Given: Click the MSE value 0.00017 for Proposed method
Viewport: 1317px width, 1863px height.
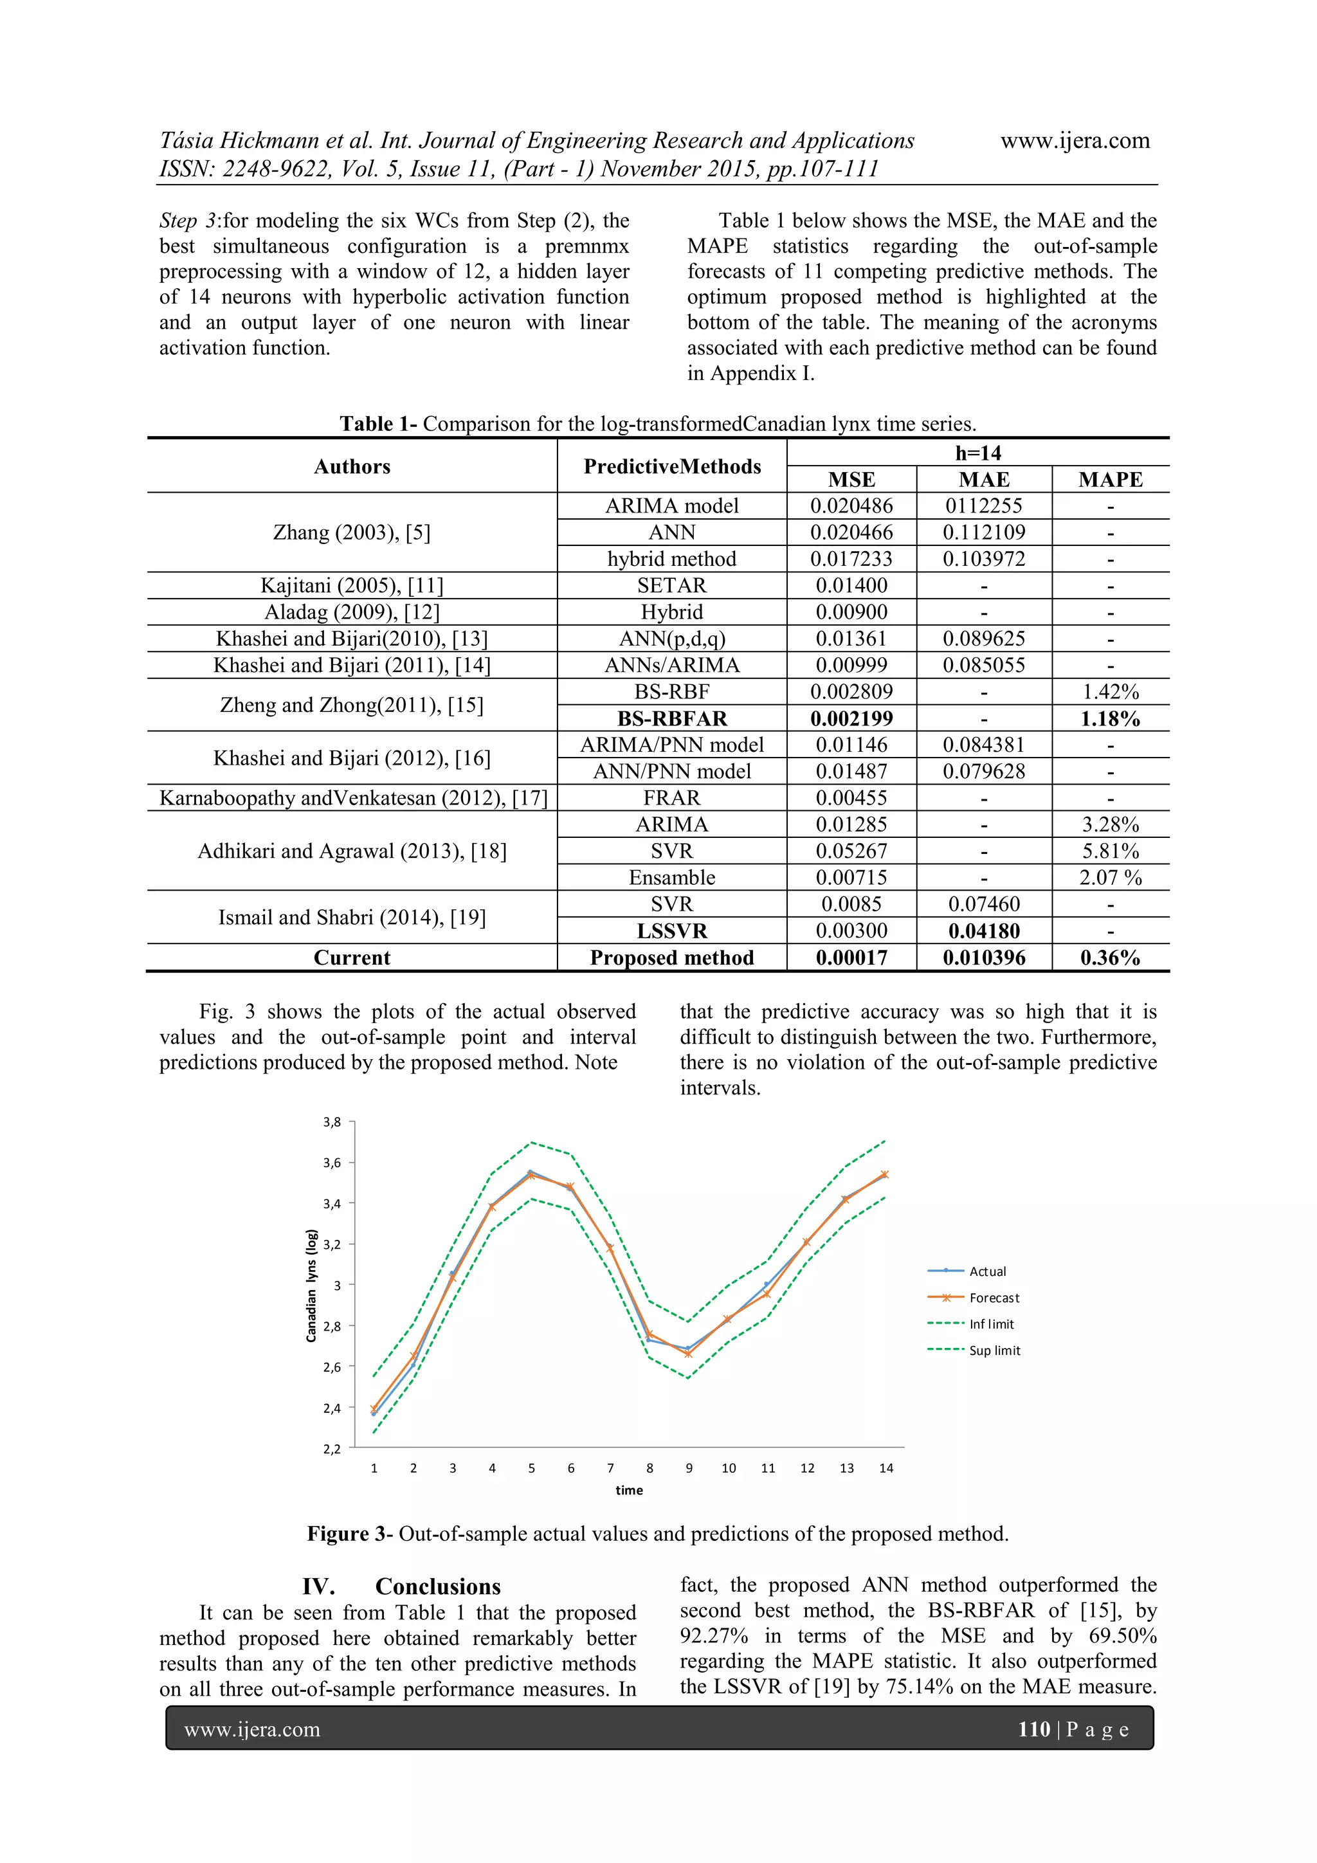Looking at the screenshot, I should tap(851, 958).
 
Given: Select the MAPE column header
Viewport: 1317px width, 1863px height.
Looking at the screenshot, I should tap(1109, 480).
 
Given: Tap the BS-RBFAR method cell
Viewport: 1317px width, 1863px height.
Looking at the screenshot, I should tap(672, 718).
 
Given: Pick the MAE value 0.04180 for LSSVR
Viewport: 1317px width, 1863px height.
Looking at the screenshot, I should tap(983, 931).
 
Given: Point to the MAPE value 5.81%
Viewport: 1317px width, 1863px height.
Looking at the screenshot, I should tap(1109, 851).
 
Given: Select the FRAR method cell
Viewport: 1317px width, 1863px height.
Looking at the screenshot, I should tap(672, 797).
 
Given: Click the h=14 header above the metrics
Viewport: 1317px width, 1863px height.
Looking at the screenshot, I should tap(978, 453).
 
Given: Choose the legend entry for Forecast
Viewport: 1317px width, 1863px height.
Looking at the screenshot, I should tap(994, 1298).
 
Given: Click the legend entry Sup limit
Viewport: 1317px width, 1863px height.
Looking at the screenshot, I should tap(994, 1350).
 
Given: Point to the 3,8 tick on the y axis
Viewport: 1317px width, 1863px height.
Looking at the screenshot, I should tap(332, 1122).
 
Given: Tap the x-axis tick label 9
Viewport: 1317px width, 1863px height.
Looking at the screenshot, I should tap(689, 1468).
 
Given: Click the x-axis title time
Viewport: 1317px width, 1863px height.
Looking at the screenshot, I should tap(629, 1490).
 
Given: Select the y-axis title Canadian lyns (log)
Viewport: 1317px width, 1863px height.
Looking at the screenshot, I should tap(311, 1286).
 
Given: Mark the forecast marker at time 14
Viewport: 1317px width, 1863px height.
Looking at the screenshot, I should tap(884, 1174).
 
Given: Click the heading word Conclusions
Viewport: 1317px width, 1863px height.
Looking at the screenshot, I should tap(437, 1586).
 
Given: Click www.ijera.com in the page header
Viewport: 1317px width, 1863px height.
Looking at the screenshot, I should tap(1075, 140).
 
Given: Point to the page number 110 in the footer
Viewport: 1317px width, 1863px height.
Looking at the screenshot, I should tap(1034, 1729).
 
